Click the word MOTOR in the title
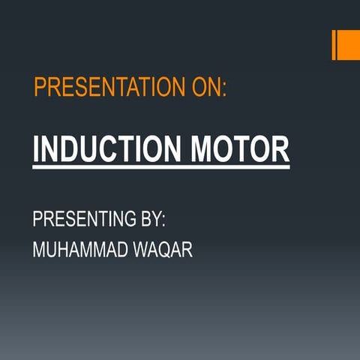(240, 148)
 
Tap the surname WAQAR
(166, 250)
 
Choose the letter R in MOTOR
(280, 148)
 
